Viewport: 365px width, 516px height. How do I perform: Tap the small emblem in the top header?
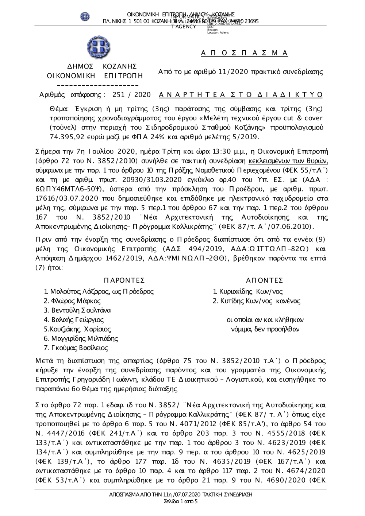point(85,16)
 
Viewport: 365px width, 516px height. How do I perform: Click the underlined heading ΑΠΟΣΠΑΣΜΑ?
point(245,53)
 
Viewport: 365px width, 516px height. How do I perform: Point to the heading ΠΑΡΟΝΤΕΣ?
point(124,280)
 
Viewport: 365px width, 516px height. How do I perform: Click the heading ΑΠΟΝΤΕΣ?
point(265,280)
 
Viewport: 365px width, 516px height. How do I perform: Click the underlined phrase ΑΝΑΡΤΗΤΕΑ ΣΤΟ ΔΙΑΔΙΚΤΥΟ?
point(241,95)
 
